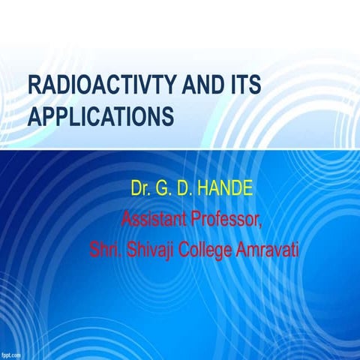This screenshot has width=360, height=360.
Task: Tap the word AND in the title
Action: [x=197, y=85]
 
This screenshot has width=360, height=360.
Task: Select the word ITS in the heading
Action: [x=244, y=85]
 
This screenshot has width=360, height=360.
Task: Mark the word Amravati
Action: [x=271, y=249]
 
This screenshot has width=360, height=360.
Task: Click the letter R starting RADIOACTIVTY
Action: [x=32, y=85]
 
